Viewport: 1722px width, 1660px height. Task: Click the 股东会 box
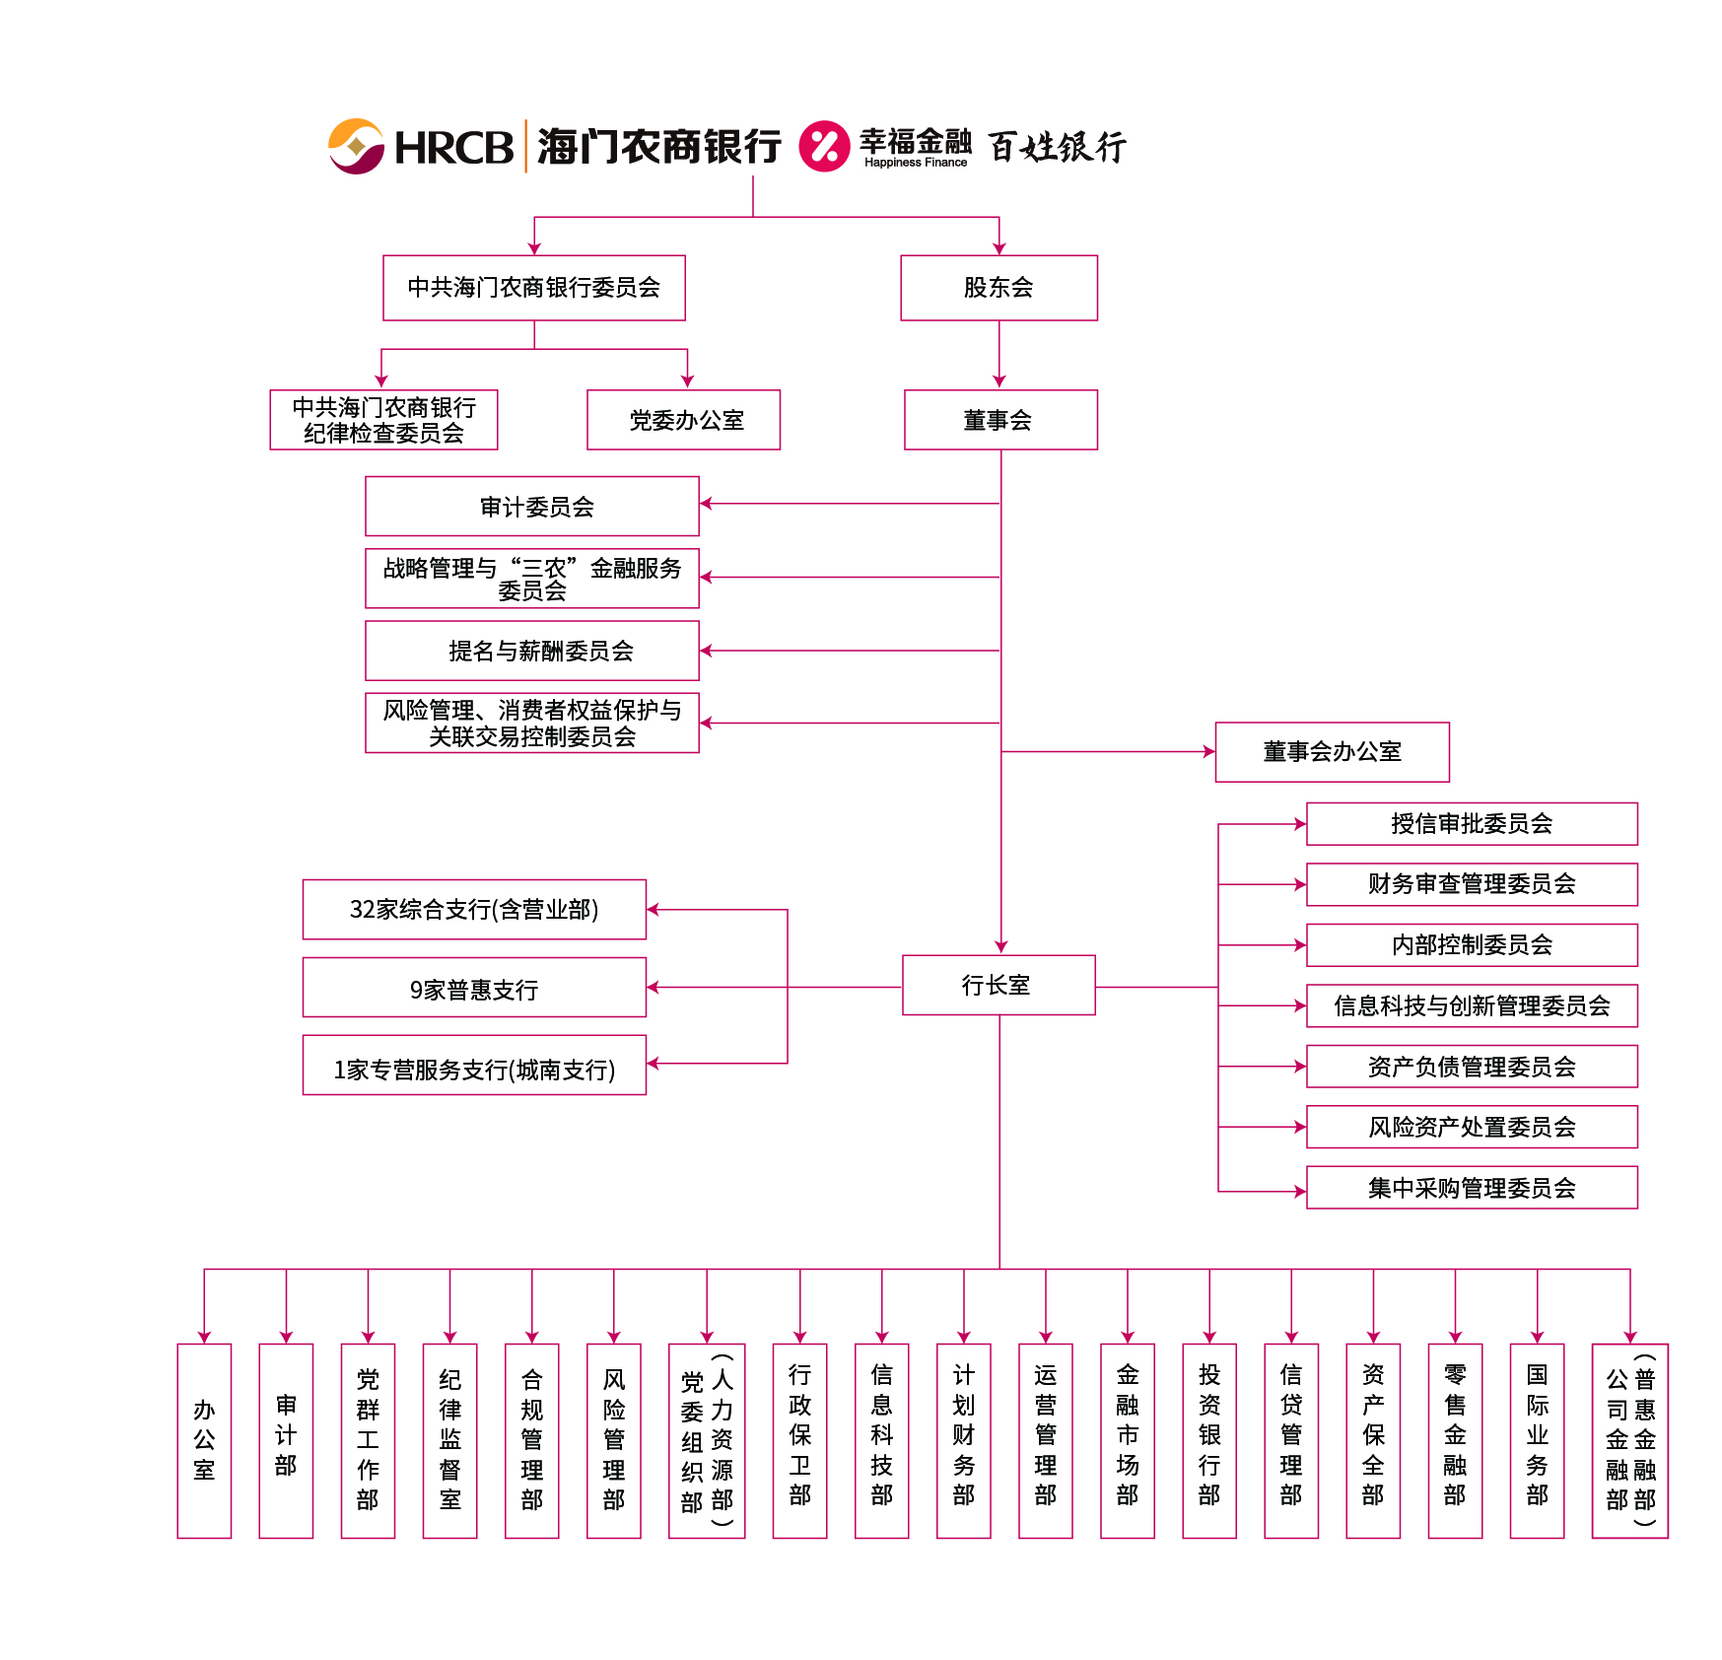(999, 288)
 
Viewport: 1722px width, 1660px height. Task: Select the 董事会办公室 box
(1332, 752)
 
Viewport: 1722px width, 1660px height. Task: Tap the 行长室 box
(998, 985)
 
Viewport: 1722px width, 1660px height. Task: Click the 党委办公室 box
(683, 420)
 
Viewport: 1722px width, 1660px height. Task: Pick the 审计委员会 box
(532, 507)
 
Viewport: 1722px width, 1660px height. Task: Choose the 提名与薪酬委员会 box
(532, 651)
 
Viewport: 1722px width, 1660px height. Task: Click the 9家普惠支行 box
(474, 988)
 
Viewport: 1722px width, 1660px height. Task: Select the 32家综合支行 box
(474, 909)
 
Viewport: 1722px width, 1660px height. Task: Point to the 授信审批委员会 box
(1471, 824)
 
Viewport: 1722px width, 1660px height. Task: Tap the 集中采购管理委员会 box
(1471, 1188)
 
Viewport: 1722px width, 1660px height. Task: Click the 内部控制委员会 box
(1471, 945)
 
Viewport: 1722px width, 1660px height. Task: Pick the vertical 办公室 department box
(204, 1440)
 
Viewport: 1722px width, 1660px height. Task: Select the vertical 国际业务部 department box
(1537, 1440)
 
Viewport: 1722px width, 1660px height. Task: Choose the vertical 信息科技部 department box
(881, 1440)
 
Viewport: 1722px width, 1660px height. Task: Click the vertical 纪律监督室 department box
(449, 1440)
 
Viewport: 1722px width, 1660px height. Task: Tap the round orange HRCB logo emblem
(356, 147)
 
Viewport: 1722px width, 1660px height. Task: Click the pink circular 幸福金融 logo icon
(824, 147)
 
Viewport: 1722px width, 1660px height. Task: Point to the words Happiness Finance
(916, 163)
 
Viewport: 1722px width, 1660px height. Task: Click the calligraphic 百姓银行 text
(1057, 147)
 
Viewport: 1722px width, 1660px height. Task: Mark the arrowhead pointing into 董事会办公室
(1209, 752)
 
